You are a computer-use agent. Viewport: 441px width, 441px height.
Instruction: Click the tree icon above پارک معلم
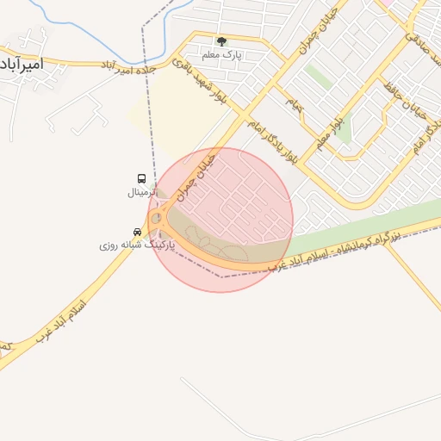(221, 41)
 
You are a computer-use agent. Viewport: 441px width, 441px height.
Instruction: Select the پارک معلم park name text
(222, 54)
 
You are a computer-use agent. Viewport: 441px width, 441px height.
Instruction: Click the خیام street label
(295, 104)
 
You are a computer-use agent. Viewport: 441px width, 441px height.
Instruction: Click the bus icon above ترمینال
(142, 179)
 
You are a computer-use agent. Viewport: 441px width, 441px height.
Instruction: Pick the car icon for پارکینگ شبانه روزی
(137, 233)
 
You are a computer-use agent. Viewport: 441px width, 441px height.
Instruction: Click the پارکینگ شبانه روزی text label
(137, 245)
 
